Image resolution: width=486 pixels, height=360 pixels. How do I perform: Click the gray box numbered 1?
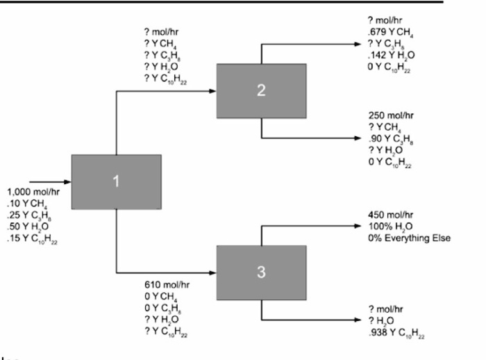[117, 181]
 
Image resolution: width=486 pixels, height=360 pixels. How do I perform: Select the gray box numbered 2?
[261, 91]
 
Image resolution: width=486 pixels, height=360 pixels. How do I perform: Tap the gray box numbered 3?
[261, 272]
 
